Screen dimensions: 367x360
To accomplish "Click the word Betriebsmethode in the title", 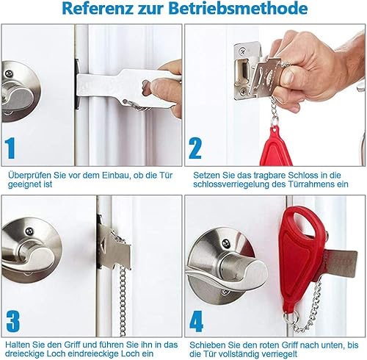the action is tap(238, 8).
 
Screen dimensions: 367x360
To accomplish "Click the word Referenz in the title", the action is tap(98, 8).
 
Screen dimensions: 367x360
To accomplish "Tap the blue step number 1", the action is tap(10, 148).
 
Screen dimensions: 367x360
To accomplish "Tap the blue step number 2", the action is tap(195, 148).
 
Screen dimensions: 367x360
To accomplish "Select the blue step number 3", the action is tap(12, 321).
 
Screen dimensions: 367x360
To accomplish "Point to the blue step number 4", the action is tap(196, 321).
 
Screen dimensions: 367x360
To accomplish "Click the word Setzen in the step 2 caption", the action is tap(207, 176).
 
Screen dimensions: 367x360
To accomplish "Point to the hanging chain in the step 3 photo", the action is tap(123, 301).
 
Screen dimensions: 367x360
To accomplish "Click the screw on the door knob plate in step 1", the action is tap(9, 73).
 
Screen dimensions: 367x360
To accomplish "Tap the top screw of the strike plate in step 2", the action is tap(243, 51).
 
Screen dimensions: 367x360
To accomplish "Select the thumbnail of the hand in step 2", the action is tap(288, 76).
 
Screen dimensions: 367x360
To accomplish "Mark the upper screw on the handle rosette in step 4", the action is tap(226, 243).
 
